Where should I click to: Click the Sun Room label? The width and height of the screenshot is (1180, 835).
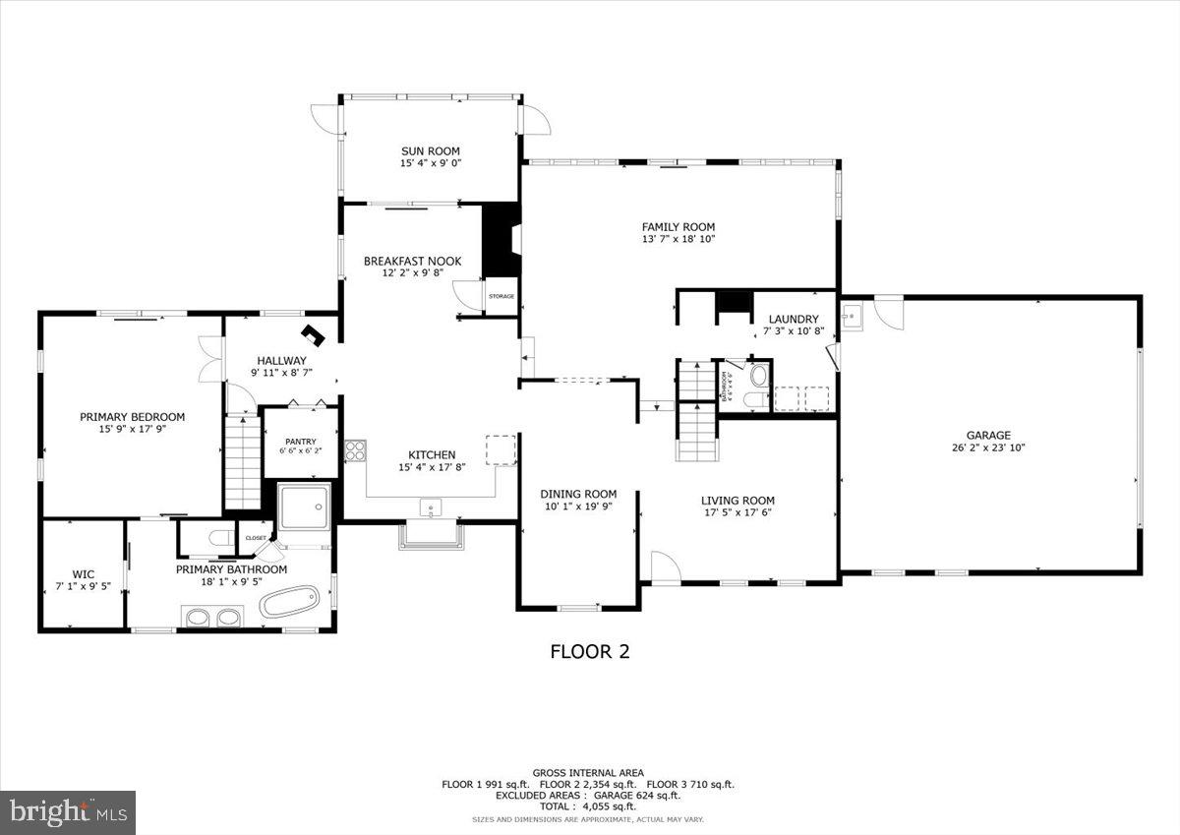(x=430, y=151)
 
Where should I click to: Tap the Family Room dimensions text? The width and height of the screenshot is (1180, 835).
(x=678, y=239)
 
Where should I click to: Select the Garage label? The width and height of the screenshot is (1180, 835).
(x=987, y=435)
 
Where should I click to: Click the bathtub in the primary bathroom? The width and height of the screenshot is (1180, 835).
(x=289, y=601)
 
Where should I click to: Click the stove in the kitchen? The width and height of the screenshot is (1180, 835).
(x=354, y=451)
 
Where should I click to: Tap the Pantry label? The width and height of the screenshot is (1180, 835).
(x=300, y=441)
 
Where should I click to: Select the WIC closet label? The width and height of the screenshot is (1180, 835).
(x=83, y=573)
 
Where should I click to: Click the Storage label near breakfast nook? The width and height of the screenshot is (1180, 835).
(x=501, y=296)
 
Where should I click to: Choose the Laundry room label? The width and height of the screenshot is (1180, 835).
(x=793, y=319)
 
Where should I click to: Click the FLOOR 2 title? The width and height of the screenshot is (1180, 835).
(x=589, y=651)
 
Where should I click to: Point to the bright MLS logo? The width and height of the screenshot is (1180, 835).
(x=68, y=812)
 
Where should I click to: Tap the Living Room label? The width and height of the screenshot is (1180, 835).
(x=737, y=500)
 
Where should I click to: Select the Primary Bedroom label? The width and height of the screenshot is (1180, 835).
(x=132, y=417)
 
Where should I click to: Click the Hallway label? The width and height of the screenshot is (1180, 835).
(x=281, y=360)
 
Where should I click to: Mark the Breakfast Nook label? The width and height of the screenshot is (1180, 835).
(x=412, y=261)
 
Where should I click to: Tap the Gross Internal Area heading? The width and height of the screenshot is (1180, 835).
(x=588, y=772)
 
